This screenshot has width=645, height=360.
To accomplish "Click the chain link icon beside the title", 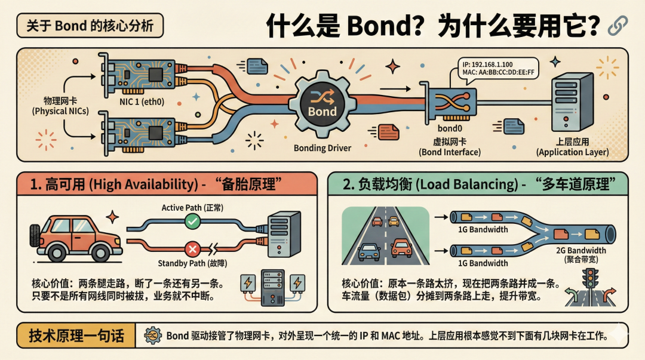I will [616, 26].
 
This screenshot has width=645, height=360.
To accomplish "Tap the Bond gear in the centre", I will [322, 105].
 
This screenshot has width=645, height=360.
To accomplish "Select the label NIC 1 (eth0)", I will [142, 101].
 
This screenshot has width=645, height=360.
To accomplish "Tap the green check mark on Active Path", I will [192, 222].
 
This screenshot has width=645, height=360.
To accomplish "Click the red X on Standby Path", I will [192, 249].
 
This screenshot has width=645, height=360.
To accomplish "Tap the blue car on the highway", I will [368, 253].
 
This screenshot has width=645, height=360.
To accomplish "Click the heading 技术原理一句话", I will [77, 336].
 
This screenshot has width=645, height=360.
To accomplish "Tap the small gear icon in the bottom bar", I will [153, 336].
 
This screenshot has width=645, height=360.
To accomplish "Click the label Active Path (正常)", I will [192, 208].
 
